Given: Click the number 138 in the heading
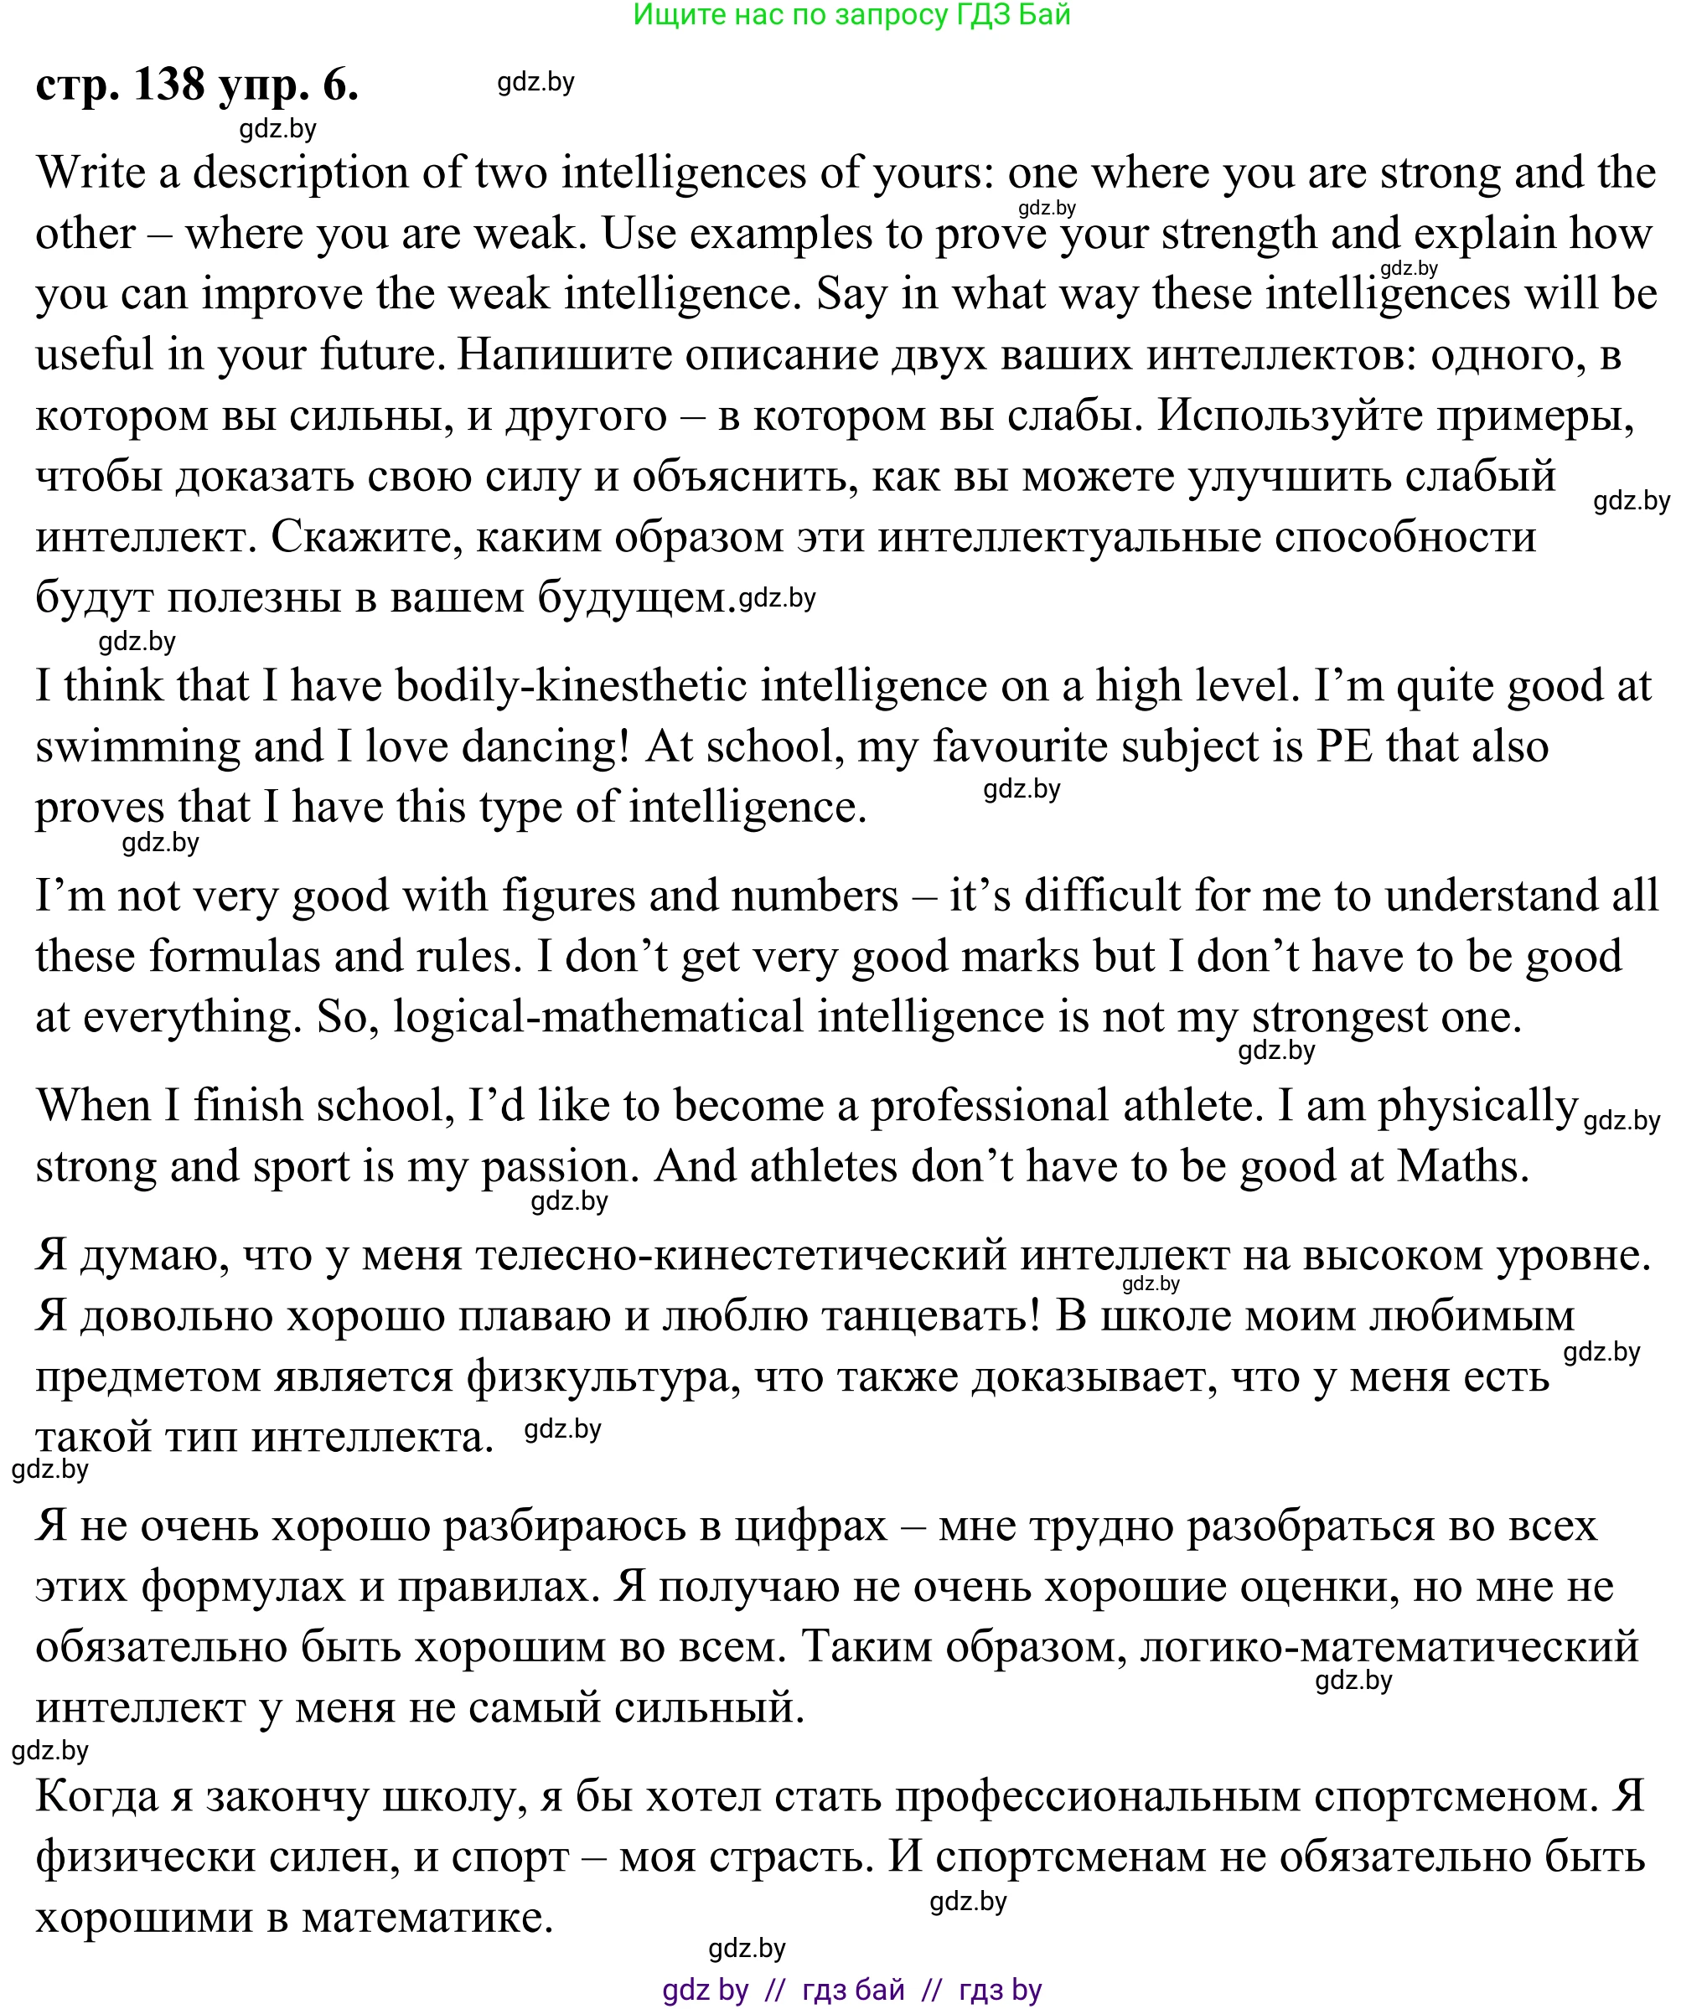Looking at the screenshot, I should point(168,85).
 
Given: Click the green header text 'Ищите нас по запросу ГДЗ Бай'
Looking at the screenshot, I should point(851,15).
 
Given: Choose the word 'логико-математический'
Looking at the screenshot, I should point(1389,1647).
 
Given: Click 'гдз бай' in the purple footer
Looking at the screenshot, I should point(852,1990).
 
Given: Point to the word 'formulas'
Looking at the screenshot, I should point(233,957).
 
